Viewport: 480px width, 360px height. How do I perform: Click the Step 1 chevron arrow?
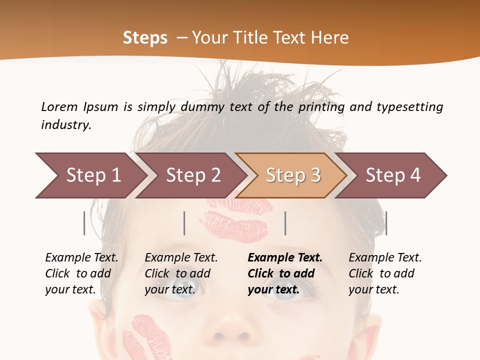[93, 175]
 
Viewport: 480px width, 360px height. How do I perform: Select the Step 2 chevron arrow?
[193, 175]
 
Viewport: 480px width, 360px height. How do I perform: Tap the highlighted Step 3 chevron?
[293, 175]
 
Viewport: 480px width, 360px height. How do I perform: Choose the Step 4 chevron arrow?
[393, 175]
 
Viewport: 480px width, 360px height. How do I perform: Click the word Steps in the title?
[145, 37]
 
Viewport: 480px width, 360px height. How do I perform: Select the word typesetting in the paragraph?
[409, 106]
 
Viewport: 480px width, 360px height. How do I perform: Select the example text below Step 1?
[81, 273]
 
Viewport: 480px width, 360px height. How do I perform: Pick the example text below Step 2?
[181, 273]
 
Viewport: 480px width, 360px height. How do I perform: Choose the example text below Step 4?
[385, 273]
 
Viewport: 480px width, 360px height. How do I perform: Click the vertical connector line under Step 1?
[84, 223]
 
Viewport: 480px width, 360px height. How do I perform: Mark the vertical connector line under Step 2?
[184, 223]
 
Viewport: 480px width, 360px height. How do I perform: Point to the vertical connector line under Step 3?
[285, 223]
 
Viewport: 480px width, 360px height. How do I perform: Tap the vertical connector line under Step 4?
[386, 223]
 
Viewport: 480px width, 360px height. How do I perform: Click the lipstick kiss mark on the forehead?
[235, 220]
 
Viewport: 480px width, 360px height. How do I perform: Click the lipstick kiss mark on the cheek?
[147, 336]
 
